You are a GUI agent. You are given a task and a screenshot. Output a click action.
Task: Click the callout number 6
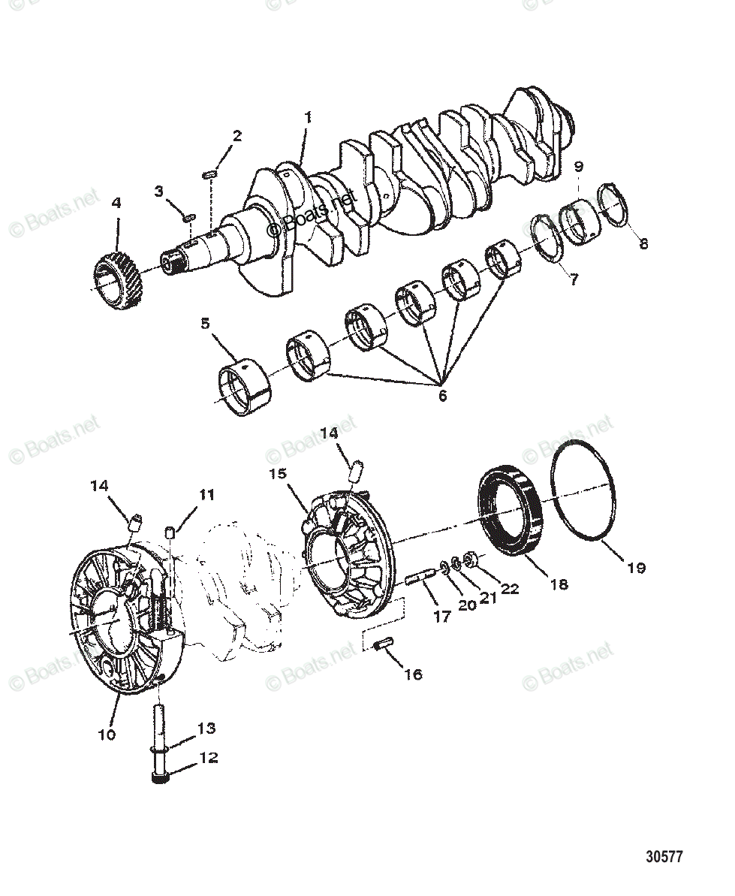coord(442,395)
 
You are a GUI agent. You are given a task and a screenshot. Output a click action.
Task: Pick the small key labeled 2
coord(210,174)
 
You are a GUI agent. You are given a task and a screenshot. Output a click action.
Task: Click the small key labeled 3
coord(188,218)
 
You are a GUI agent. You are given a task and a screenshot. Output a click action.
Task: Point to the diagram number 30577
coord(663,857)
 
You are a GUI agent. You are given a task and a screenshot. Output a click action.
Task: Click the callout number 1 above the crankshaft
coord(307,117)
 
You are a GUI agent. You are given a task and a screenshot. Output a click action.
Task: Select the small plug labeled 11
coord(171,532)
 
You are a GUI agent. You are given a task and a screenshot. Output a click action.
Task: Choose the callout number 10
coord(107,734)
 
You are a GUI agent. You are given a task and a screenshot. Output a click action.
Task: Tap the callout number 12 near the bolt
coord(207,757)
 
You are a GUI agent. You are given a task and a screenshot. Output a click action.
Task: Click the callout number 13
coord(206,728)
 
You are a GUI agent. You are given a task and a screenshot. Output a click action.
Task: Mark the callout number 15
coord(279,474)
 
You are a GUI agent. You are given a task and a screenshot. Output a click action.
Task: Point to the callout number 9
coord(579,166)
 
